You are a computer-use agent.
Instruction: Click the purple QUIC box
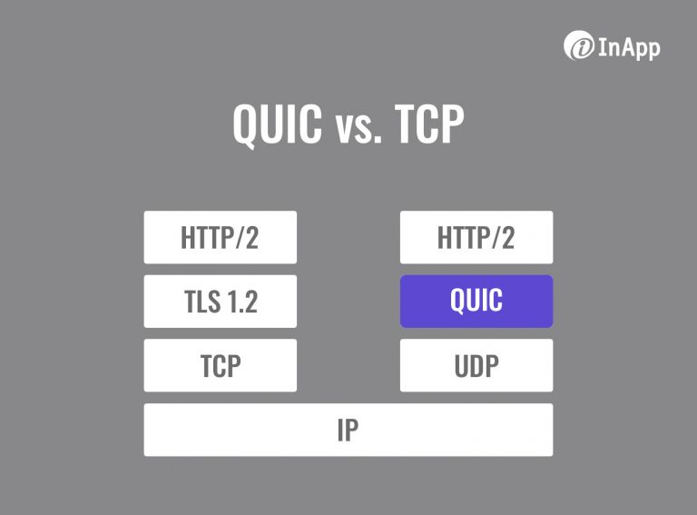(x=476, y=301)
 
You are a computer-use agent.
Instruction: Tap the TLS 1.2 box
(x=220, y=301)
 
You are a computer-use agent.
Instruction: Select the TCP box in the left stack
(x=220, y=365)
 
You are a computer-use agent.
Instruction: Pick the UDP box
(x=476, y=365)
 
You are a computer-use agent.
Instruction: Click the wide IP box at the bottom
(x=348, y=430)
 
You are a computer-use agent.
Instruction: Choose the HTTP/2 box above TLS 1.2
(x=220, y=237)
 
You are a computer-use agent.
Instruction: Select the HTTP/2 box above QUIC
(x=476, y=237)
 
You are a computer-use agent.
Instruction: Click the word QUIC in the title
(x=276, y=125)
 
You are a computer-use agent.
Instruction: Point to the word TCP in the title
(x=429, y=125)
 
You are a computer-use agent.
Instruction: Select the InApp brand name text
(x=629, y=46)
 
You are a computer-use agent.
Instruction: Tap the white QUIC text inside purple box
(x=476, y=301)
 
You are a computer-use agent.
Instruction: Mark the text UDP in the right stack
(x=476, y=365)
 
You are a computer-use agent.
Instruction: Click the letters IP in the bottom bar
(x=348, y=430)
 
